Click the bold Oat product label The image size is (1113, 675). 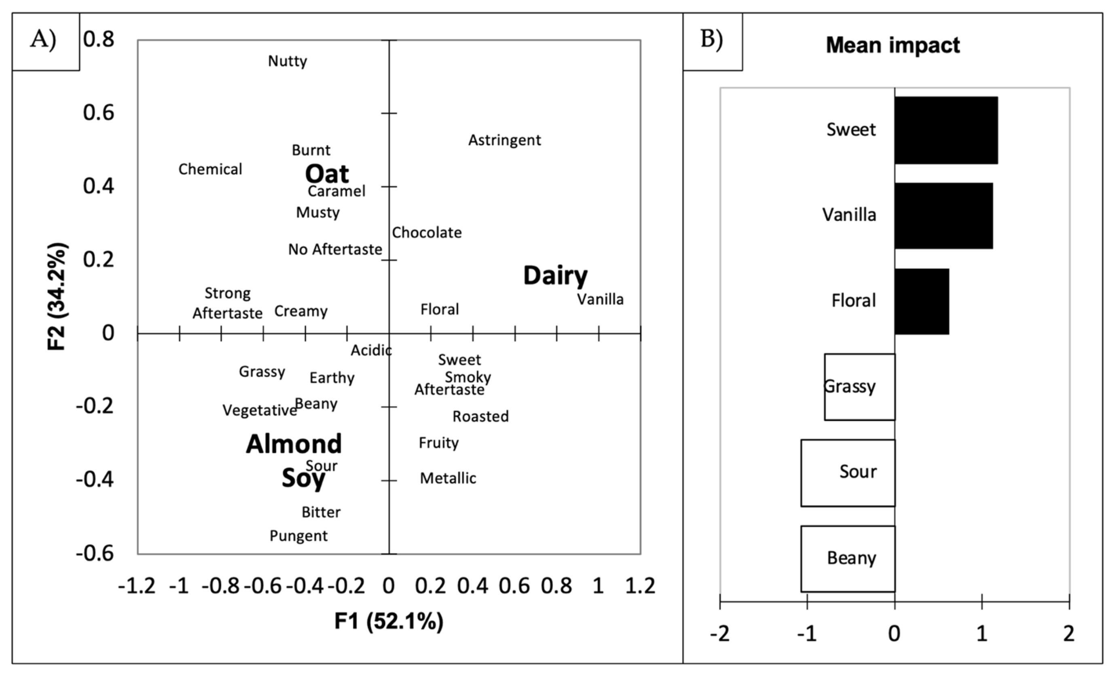(327, 173)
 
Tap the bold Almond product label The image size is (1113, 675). (294, 444)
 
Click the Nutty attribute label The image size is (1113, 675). (287, 61)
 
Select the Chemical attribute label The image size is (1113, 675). (210, 169)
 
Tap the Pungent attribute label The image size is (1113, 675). (298, 536)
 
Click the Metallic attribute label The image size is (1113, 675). (448, 478)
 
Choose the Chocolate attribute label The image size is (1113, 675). (426, 232)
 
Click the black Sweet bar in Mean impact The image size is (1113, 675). (946, 130)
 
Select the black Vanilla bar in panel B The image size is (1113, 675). (944, 215)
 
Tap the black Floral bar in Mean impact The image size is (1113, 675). (921, 301)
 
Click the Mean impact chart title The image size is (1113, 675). (893, 45)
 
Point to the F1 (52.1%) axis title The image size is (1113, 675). (389, 621)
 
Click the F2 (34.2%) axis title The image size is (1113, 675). (57, 297)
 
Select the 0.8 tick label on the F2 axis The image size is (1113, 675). (98, 39)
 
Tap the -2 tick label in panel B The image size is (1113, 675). (719, 634)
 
